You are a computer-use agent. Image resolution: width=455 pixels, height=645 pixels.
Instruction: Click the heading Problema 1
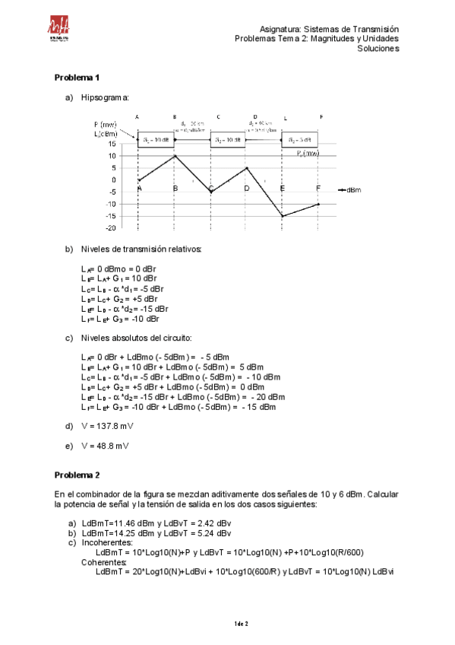pos(77,78)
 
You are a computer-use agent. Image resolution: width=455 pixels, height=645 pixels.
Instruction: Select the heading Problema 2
pos(77,475)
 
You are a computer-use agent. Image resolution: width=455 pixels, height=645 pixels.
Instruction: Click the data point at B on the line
pos(175,156)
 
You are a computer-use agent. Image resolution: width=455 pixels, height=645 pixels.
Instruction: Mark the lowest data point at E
pos(283,216)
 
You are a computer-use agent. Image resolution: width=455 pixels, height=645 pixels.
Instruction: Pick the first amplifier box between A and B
pos(156,140)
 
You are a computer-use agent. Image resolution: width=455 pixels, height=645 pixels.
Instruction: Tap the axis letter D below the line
pos(246,188)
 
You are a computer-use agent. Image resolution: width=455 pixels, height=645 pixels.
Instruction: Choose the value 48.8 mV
pos(102,446)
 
